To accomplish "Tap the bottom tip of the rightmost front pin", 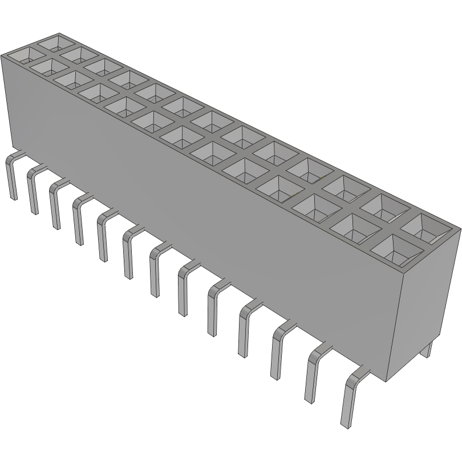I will [344, 425].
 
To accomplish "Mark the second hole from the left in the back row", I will [80, 55].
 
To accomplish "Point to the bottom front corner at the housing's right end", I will [388, 381].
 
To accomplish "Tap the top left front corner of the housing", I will [2, 56].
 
